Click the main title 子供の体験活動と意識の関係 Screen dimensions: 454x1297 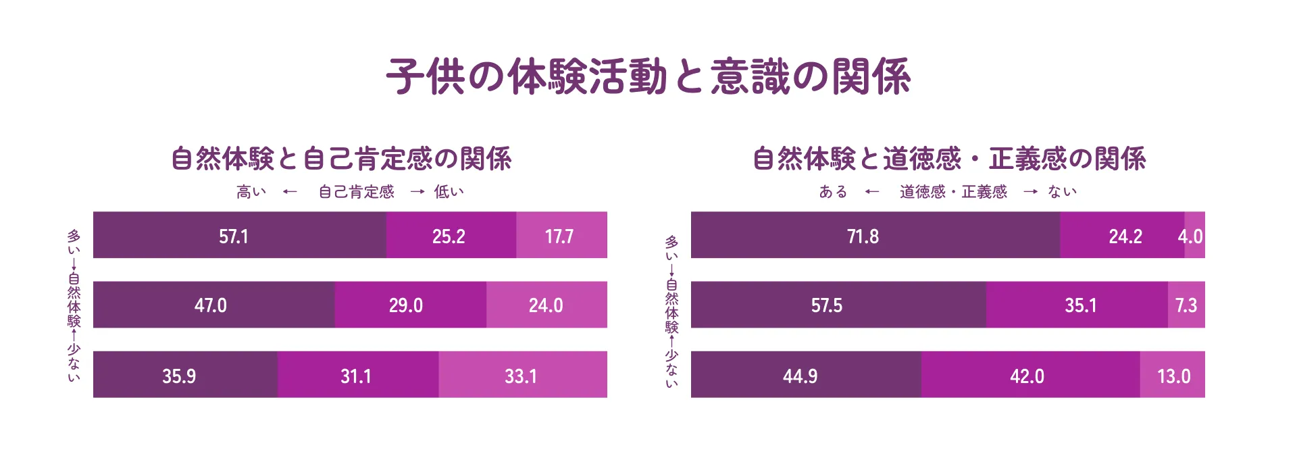coord(648,76)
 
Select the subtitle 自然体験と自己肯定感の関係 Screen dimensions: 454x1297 coord(341,159)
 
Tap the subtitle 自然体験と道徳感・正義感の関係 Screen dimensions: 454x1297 coord(949,159)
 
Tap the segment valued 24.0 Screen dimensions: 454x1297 coord(546,305)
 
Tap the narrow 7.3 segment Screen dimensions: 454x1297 coord(1186,305)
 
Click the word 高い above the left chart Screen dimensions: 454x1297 coord(251,192)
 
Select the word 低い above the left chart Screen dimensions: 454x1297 coord(449,192)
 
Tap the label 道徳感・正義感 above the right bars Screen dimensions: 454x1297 coord(953,192)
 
